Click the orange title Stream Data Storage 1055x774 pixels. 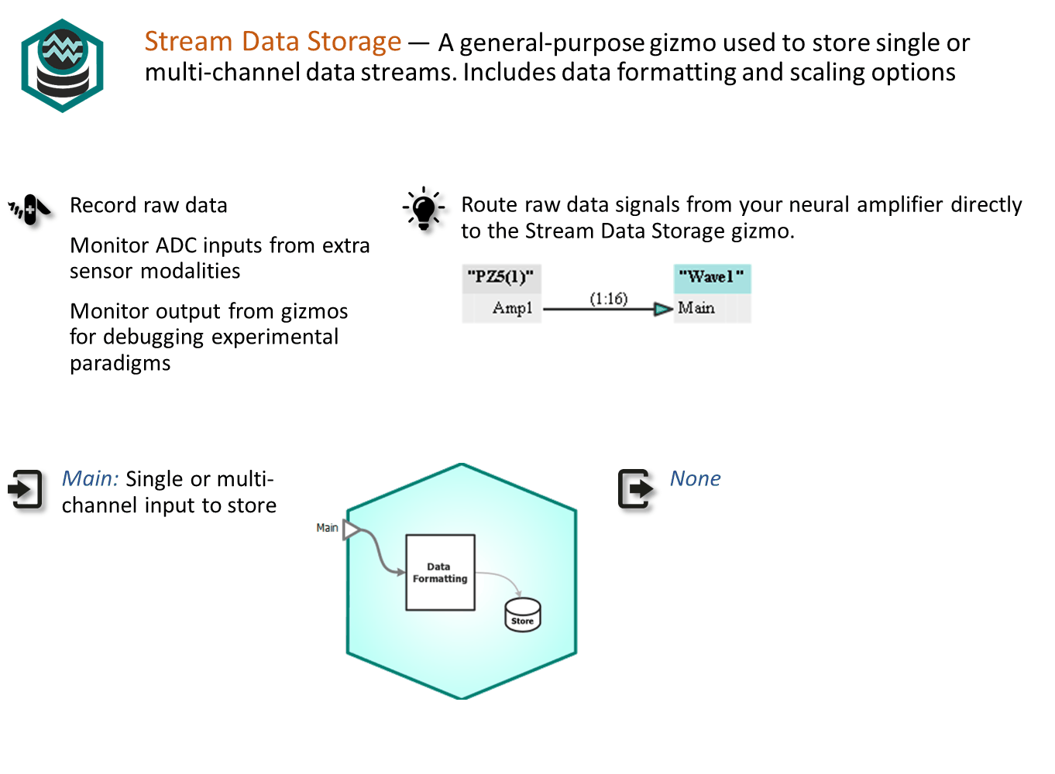pos(273,41)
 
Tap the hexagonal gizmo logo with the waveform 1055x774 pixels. pos(62,65)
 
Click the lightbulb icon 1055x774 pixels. pos(424,209)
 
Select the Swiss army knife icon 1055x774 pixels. pos(29,210)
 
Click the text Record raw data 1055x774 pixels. pos(149,205)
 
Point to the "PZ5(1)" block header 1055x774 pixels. pos(501,278)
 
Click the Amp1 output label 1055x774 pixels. pos(513,308)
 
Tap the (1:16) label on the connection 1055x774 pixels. pos(609,298)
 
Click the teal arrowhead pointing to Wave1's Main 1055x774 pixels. pos(663,309)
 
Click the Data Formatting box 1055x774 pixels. pos(441,573)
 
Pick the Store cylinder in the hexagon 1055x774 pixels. pos(522,615)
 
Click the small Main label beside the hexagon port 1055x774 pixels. pos(327,528)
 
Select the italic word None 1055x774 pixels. pos(695,478)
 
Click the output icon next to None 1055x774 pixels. pos(635,489)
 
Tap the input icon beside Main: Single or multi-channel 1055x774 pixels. pos(25,489)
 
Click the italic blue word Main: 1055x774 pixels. pos(91,478)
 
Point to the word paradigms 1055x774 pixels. pos(120,363)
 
